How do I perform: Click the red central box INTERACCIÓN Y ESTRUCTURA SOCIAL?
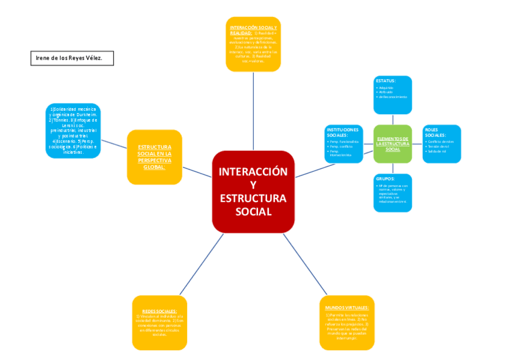pos(253,191)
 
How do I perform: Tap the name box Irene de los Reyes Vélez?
pos(72,58)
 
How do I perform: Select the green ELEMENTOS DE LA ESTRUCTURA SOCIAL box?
pos(393,144)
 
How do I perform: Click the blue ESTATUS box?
pos(393,94)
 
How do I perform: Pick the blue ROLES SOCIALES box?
pos(441,144)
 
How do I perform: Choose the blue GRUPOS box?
pos(393,193)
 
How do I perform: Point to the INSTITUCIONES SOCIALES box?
pos(344,144)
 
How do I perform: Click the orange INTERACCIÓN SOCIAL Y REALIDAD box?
pos(253,44)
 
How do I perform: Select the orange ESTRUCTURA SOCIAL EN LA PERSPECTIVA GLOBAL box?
pos(155,157)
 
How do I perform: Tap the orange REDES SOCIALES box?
pos(159,322)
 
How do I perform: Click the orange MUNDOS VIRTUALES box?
pos(347,322)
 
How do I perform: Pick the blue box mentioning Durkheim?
pos(73,130)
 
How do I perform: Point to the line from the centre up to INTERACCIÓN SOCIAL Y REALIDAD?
pos(253,111)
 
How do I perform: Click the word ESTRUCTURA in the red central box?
pos(253,198)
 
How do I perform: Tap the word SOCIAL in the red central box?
pos(253,212)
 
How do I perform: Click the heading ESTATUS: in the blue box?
pos(386,81)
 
